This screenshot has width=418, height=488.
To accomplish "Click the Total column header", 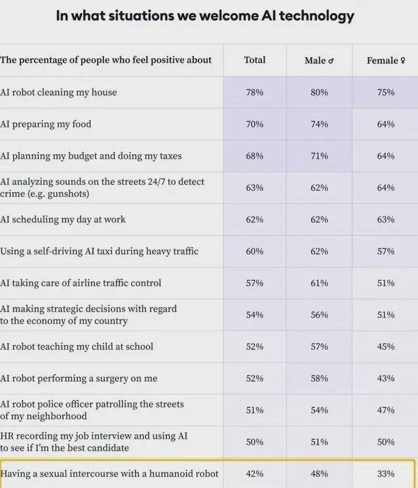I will click(254, 60).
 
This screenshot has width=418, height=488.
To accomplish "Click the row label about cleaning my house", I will click(59, 92).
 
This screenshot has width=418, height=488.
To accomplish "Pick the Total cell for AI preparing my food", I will click(254, 124).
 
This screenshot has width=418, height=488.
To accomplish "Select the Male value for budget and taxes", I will click(319, 156).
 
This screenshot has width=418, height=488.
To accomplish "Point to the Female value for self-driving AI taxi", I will click(385, 251).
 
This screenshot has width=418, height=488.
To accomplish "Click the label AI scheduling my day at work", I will click(63, 220).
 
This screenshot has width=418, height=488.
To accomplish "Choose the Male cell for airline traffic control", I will click(319, 283).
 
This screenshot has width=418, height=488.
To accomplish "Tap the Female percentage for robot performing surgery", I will click(385, 378).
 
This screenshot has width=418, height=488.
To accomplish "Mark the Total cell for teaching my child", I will click(254, 346).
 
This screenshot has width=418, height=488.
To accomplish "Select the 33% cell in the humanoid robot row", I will click(385, 474).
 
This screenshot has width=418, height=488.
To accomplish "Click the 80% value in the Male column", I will click(319, 92).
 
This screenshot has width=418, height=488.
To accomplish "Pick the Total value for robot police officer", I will click(254, 410).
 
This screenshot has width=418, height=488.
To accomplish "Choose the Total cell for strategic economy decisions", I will click(254, 315).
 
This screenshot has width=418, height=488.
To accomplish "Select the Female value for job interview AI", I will click(385, 441).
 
